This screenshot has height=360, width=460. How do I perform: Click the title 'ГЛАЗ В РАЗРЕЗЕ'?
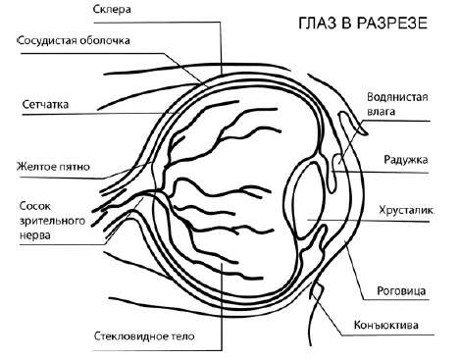point(357,23)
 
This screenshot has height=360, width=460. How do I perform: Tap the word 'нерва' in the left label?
point(37,235)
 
